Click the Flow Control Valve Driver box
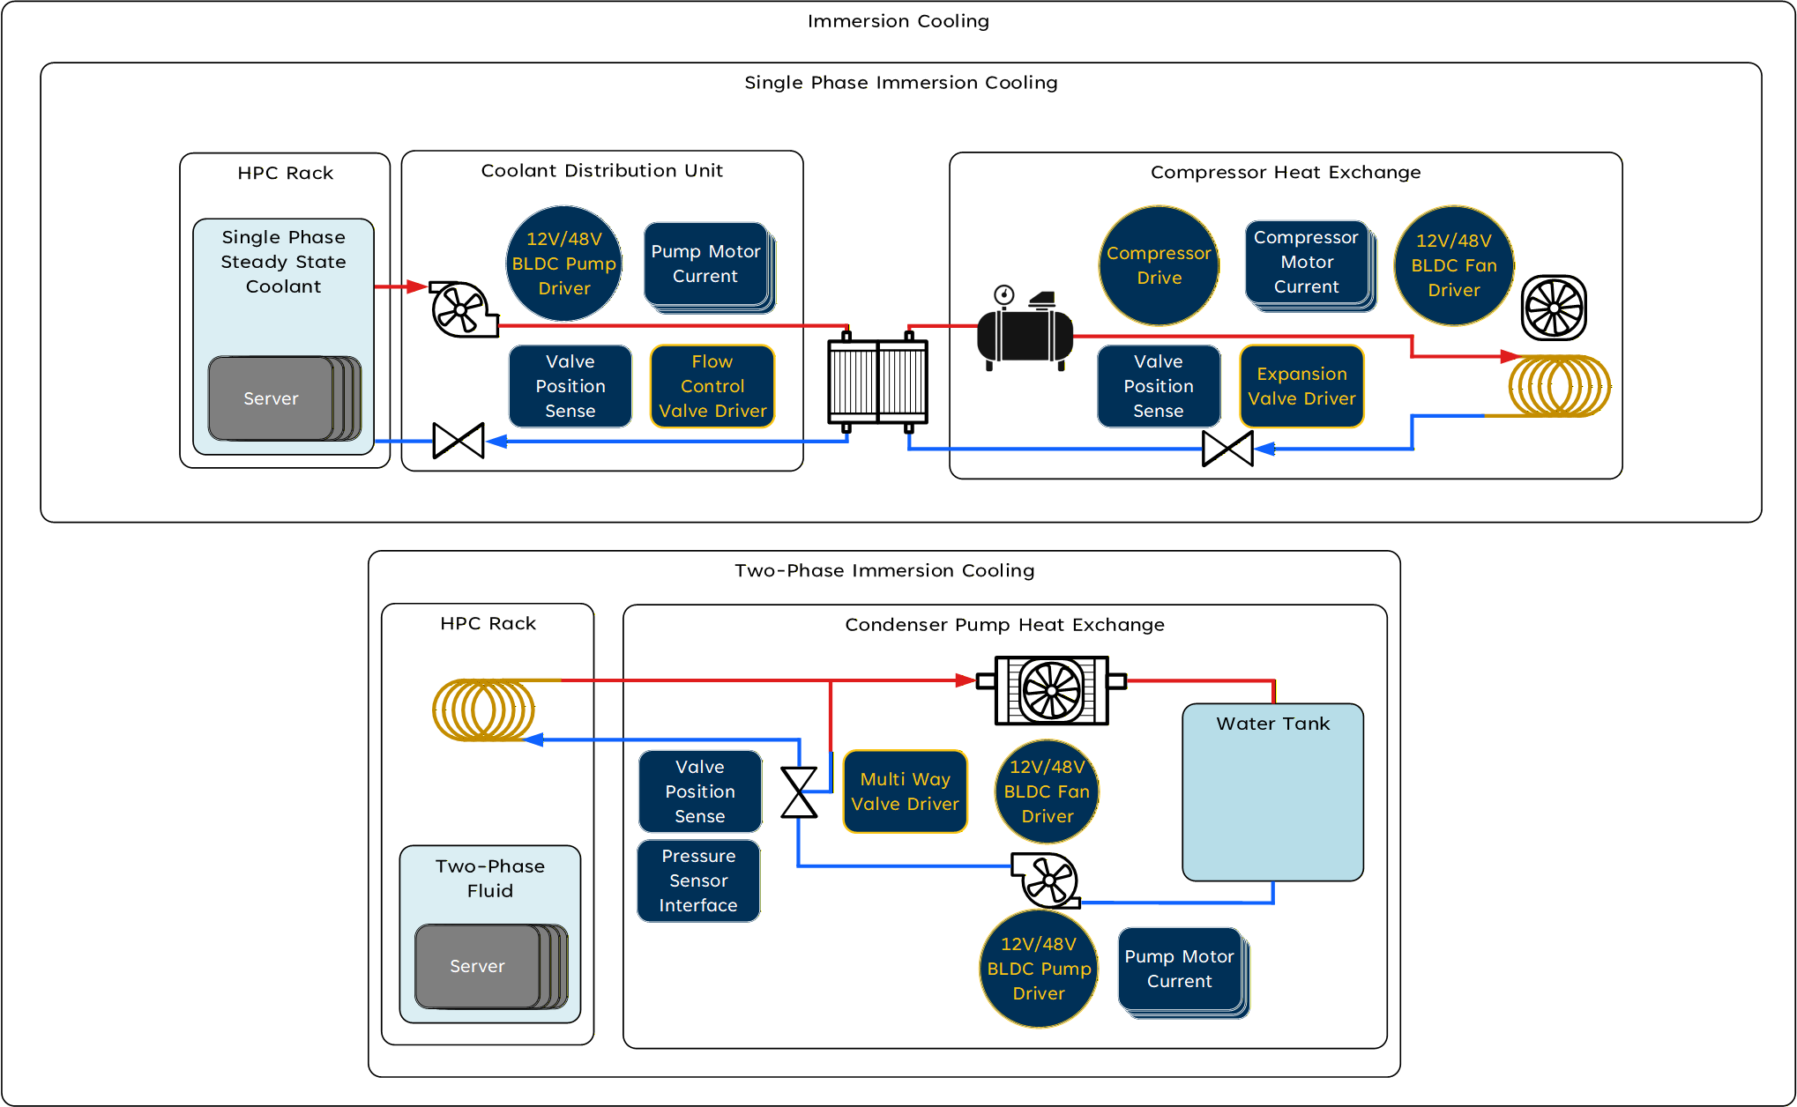point(712,386)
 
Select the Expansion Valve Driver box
point(1301,386)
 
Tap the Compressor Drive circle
point(1159,265)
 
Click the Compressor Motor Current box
point(1306,262)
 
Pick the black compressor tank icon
point(1025,336)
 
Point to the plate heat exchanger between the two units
point(877,381)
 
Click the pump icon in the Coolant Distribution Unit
point(461,309)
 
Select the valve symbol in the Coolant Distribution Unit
point(459,441)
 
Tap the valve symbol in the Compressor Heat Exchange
point(1227,449)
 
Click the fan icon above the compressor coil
point(1554,308)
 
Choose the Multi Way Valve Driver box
point(905,791)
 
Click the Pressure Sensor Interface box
point(698,880)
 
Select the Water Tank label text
point(1272,724)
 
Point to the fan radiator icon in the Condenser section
point(1051,690)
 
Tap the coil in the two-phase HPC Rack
point(483,710)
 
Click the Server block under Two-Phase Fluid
point(478,966)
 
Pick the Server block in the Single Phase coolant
point(272,398)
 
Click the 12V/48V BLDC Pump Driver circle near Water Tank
point(1039,969)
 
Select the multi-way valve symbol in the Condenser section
point(800,792)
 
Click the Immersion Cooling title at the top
point(898,21)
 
